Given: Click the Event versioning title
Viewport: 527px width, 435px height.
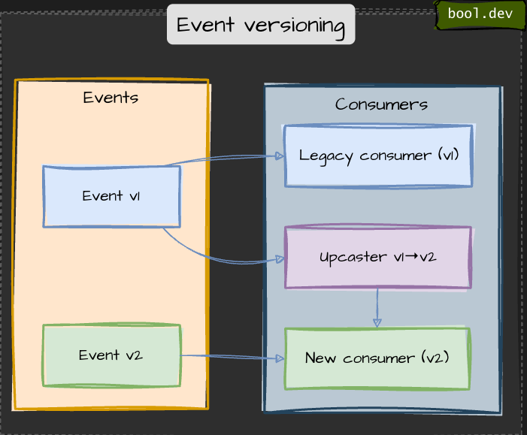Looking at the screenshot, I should pyautogui.click(x=261, y=25).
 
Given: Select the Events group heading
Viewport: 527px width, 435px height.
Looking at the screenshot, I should pyautogui.click(x=111, y=98).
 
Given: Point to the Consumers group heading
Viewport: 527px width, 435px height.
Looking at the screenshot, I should pyautogui.click(x=381, y=104).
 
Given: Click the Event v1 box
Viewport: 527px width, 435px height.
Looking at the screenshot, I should pyautogui.click(x=111, y=196).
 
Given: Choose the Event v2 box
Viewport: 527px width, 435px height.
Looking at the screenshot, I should pyautogui.click(x=111, y=355).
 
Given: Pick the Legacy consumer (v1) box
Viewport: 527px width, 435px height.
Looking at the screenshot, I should pyautogui.click(x=377, y=156).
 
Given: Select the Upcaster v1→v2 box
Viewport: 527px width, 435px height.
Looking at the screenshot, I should pyautogui.click(x=377, y=257).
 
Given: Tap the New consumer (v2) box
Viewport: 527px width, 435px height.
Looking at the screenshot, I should pyautogui.click(x=377, y=358).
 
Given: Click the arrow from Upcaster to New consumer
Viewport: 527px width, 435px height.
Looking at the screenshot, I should pyautogui.click(x=377, y=307).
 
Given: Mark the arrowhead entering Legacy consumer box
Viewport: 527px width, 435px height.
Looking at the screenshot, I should pyautogui.click(x=279, y=156).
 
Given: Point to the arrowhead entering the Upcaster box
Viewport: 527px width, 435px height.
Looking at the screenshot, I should pyautogui.click(x=280, y=259).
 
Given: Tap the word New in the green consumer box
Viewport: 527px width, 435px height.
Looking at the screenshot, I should pyautogui.click(x=320, y=358).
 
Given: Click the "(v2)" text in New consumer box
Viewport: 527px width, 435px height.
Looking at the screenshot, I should pyautogui.click(x=435, y=358).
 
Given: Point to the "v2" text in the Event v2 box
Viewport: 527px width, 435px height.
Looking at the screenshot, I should pyautogui.click(x=133, y=355).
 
